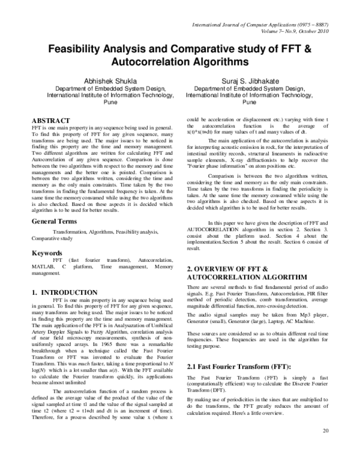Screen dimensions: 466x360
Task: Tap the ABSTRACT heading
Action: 55,121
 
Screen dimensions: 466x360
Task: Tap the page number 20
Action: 326,448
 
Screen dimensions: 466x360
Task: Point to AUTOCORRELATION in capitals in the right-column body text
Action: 217,229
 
